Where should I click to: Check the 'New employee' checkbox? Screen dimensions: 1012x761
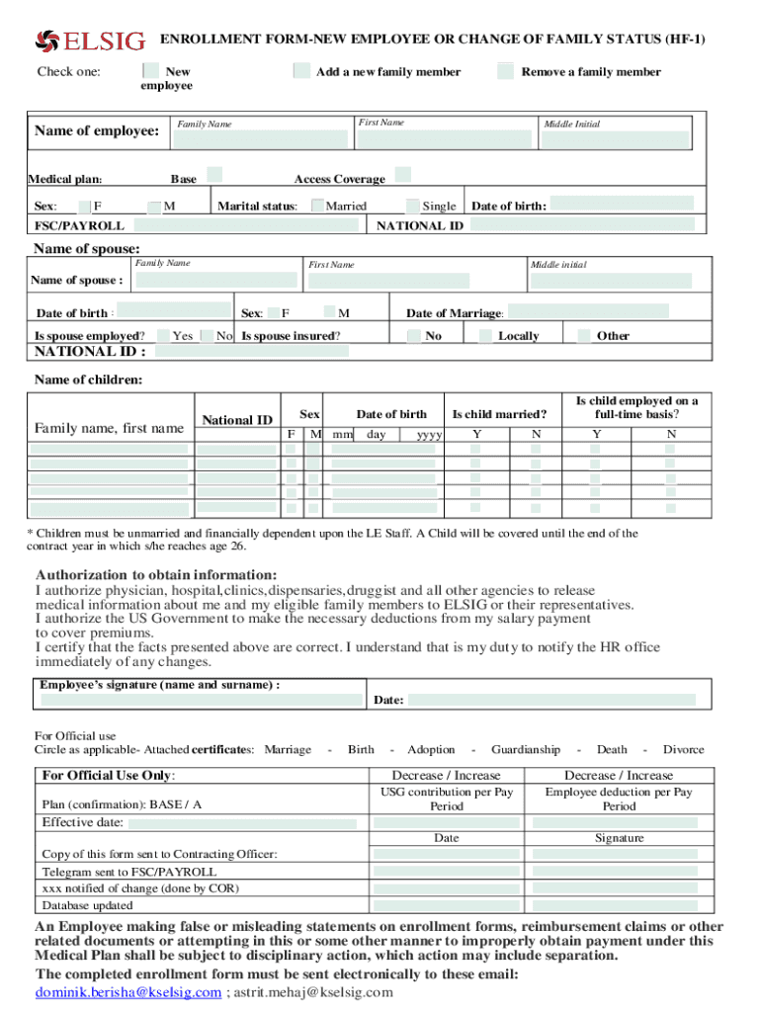point(150,70)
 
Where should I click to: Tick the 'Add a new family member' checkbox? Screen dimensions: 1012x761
point(301,70)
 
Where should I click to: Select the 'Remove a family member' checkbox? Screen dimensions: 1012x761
point(506,70)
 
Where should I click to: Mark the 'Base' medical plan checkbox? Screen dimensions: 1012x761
point(212,175)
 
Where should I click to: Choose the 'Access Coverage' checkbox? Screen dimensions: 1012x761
point(403,175)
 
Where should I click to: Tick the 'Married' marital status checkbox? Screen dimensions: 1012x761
point(318,206)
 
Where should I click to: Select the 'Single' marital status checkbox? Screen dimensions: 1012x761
point(414,206)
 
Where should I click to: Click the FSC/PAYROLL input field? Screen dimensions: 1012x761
point(243,224)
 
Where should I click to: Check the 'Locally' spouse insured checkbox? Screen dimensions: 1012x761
point(486,335)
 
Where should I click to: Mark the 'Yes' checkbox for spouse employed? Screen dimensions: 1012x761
point(164,335)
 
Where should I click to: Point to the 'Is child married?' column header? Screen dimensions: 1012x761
point(499,414)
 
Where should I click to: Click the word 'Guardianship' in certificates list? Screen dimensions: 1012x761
point(525,750)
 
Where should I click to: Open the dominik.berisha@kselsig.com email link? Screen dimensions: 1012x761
point(127,992)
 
